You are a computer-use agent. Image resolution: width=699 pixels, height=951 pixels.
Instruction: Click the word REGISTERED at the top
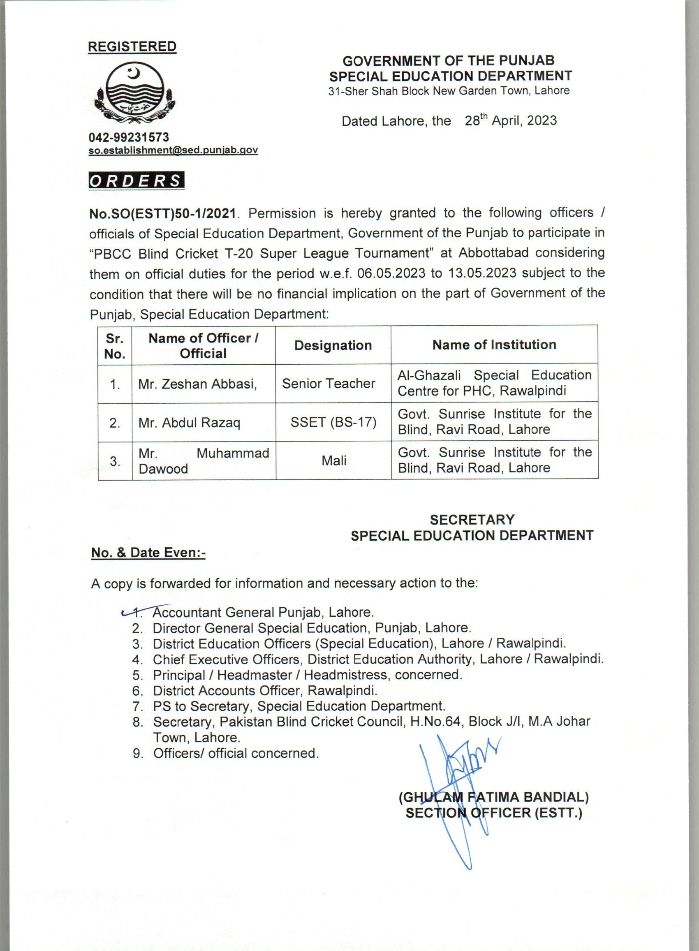pos(132,46)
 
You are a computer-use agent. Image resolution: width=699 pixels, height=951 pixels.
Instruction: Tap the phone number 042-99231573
pos(129,137)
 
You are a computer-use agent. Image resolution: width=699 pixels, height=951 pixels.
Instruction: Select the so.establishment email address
pos(173,150)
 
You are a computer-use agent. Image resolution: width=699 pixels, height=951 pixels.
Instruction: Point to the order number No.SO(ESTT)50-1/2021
pos(162,214)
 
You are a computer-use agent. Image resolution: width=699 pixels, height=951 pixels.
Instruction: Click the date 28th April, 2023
pos(511,120)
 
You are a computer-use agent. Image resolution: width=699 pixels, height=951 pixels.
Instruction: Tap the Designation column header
pos(333,345)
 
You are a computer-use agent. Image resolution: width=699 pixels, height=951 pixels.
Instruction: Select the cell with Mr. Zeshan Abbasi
pos(198,384)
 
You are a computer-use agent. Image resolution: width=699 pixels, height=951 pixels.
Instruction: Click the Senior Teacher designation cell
pos(329,383)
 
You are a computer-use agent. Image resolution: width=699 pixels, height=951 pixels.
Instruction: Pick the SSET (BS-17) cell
pos(333,422)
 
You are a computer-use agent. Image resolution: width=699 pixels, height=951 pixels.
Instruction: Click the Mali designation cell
pos(334,460)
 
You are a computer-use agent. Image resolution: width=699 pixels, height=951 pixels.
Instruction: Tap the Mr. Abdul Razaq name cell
pos(189,423)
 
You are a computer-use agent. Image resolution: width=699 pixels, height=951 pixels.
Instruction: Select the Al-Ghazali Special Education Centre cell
pos(494,383)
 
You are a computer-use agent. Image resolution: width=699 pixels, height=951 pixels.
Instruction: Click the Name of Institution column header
pos(494,345)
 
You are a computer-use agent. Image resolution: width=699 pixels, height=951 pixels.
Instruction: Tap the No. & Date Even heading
pos(148,553)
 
